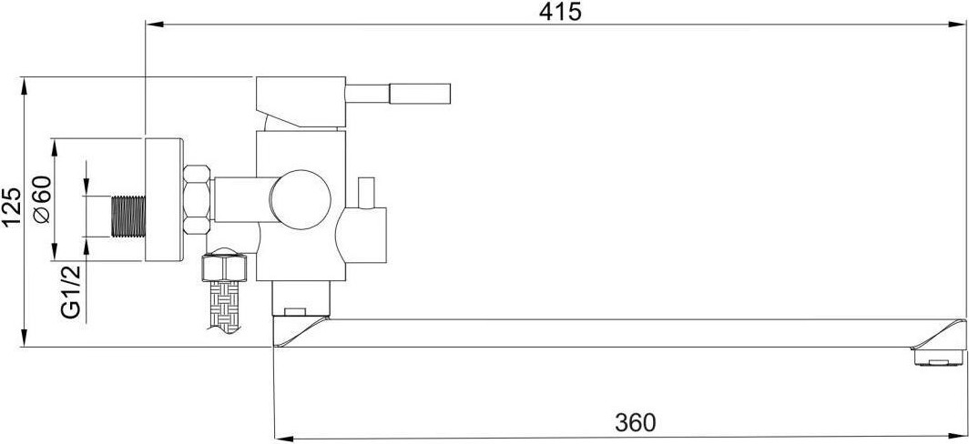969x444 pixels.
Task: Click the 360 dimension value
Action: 635,422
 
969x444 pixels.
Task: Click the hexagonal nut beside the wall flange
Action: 198,199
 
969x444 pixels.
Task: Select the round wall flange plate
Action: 164,200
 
